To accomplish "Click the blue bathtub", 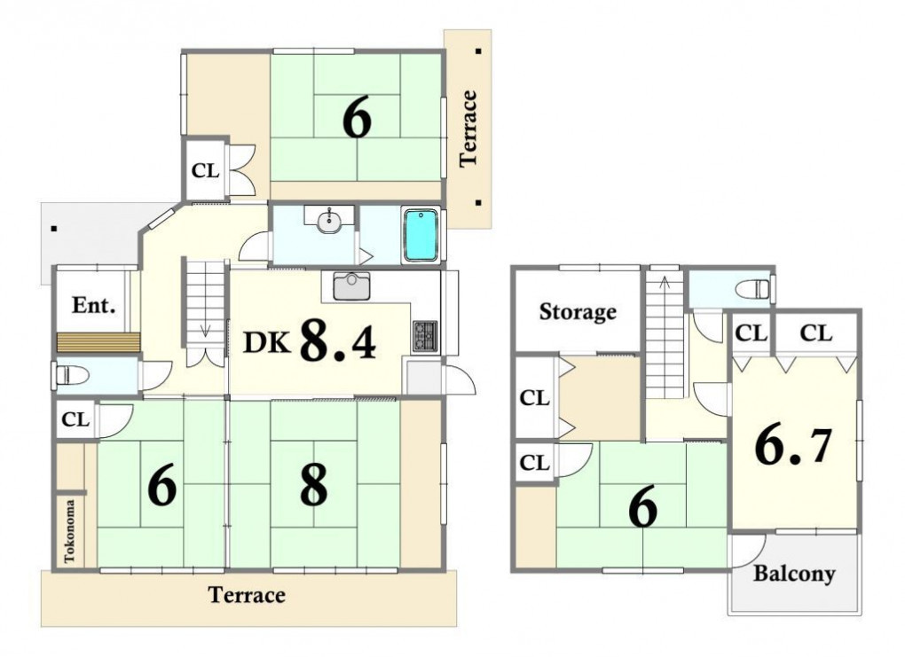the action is (x=421, y=235).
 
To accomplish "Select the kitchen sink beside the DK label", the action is (x=351, y=286).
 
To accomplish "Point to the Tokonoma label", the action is (x=69, y=531).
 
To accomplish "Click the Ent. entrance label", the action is (x=93, y=305).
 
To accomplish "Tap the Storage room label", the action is (x=578, y=312).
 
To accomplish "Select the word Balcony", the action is (x=794, y=574).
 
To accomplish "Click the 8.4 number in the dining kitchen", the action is (x=338, y=340).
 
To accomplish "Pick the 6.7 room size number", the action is (x=793, y=446).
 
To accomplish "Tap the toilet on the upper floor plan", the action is (x=756, y=288).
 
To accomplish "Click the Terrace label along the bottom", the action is (x=247, y=595).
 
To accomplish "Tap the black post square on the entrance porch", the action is (x=53, y=229).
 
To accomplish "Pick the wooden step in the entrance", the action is (x=98, y=342).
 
